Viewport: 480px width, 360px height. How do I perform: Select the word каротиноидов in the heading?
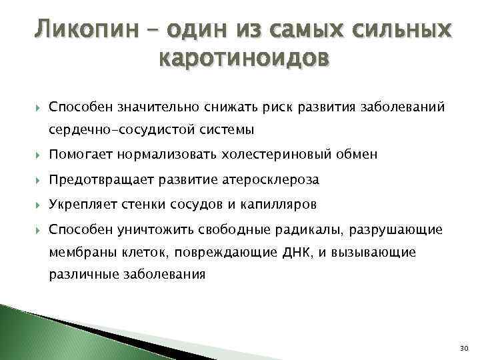244,60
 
